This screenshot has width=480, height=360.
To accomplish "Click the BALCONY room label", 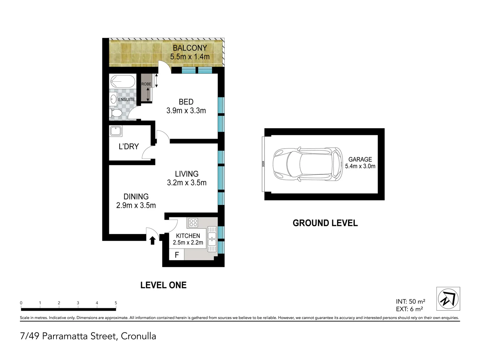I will [190, 48].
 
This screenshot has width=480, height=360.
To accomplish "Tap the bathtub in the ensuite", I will [122, 81].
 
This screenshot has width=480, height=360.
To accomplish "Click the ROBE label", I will [146, 84].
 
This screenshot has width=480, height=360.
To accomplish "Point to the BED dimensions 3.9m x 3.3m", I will [186, 111].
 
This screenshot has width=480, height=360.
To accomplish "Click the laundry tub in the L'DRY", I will [116, 131].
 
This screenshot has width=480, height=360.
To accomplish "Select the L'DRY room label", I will [129, 146].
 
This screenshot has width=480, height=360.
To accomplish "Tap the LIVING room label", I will [187, 174].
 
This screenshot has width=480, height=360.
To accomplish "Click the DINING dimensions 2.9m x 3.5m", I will [136, 205].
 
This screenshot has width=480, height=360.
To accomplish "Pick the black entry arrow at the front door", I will [153, 240].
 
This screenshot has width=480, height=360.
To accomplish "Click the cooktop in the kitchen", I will [193, 223].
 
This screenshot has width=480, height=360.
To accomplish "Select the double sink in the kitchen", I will [212, 239].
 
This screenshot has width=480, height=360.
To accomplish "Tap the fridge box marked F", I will [177, 255].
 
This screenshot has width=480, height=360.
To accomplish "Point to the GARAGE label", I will [360, 159].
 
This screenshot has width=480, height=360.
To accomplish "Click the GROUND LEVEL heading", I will [325, 223].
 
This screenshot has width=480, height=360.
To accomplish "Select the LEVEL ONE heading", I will [163, 285].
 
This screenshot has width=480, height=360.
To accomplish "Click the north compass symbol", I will [448, 298].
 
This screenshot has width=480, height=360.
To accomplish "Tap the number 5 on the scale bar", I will [116, 303].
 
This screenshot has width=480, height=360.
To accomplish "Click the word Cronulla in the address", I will [138, 336].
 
